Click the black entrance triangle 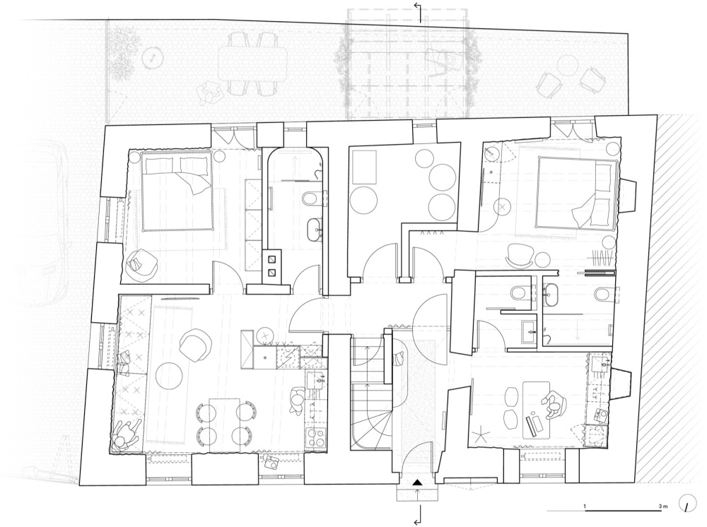point(418,482)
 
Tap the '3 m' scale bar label point(662,507)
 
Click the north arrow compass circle point(688,505)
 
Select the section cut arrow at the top point(418,11)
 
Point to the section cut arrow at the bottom point(418,514)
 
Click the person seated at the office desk point(554,403)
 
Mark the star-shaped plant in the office point(481,436)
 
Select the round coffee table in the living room point(169,376)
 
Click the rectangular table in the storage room point(363,167)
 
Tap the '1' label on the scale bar point(585,507)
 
